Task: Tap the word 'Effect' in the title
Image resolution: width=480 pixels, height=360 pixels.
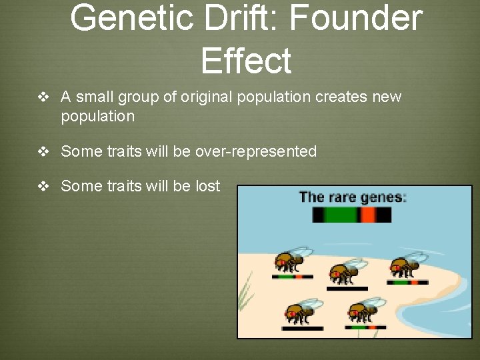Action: pos(245,61)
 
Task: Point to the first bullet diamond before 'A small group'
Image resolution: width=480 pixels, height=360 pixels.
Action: pos(44,97)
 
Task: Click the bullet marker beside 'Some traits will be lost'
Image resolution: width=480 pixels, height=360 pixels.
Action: pos(44,186)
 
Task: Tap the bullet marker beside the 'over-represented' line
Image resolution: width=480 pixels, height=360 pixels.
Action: pos(44,152)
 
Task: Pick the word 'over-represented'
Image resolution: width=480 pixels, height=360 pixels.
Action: pos(255,152)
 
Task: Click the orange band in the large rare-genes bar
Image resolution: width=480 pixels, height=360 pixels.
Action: pos(367,215)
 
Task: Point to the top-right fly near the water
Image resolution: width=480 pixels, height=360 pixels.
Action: pos(407,264)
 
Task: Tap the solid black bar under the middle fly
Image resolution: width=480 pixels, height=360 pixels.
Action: pos(347,289)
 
